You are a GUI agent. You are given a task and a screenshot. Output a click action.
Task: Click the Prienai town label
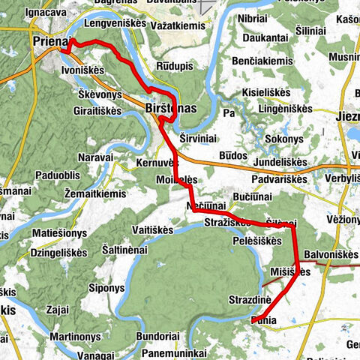coord(52,43)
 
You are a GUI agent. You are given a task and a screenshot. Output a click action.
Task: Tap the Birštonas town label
coord(169,109)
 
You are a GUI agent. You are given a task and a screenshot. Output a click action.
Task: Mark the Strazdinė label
coord(250,300)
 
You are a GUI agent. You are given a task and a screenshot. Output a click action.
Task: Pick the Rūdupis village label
coord(174,65)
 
